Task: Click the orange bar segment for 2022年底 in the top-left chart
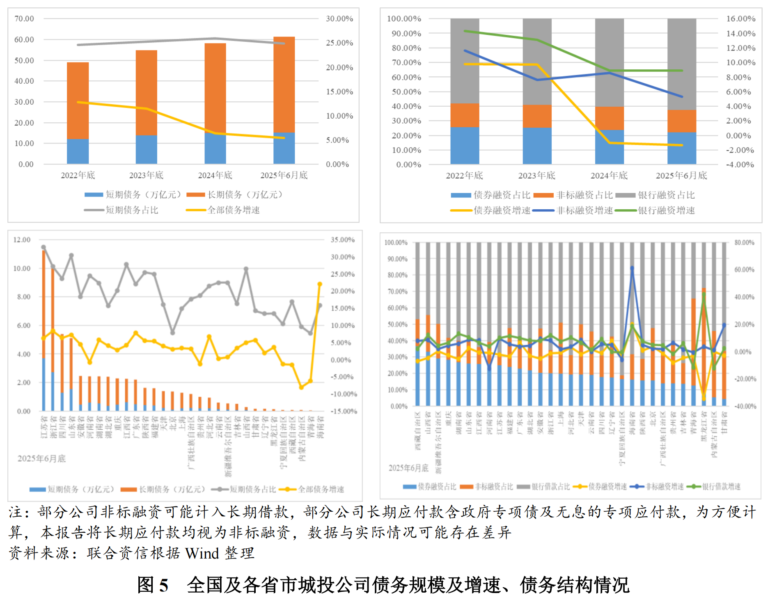click(78, 101)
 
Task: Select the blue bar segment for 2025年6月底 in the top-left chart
click(284, 148)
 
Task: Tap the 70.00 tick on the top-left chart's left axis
click(24, 19)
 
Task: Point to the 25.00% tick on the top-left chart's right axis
click(339, 43)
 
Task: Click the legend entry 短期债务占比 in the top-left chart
click(132, 210)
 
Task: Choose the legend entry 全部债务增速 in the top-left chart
click(233, 210)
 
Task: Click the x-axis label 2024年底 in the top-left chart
click(215, 176)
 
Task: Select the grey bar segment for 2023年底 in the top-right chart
click(537, 62)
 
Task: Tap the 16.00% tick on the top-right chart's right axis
click(741, 19)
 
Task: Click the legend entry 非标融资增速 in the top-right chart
click(584, 211)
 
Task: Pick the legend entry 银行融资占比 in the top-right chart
click(666, 195)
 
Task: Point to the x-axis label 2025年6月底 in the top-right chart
click(681, 176)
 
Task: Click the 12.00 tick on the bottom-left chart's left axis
click(22, 240)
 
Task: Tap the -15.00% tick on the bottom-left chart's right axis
click(344, 411)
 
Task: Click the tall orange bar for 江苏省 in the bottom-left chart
click(44, 304)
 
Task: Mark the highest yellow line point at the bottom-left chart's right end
click(320, 284)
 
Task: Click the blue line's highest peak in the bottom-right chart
click(632, 268)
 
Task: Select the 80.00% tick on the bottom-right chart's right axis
click(744, 243)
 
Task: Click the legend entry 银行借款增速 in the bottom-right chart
click(721, 487)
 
